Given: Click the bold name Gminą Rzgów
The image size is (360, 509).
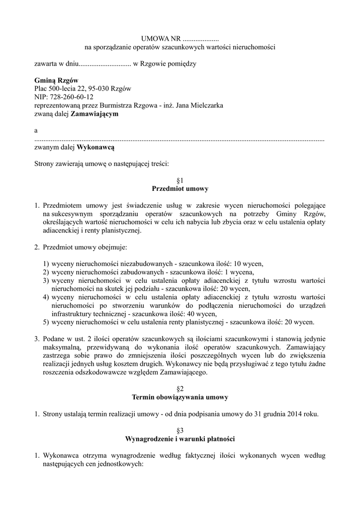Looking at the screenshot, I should pyautogui.click(x=56, y=80).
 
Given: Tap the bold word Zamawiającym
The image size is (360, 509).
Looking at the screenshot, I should pyautogui.click(x=95, y=114).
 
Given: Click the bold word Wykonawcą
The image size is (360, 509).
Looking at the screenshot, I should pyautogui.click(x=96, y=147).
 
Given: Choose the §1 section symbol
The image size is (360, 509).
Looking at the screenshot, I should pyautogui.click(x=180, y=180).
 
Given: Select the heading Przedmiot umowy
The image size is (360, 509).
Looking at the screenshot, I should pyautogui.click(x=180, y=189).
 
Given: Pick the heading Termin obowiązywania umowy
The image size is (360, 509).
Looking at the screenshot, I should pyautogui.click(x=180, y=397).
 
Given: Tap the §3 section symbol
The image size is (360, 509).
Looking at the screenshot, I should pyautogui.click(x=180, y=430).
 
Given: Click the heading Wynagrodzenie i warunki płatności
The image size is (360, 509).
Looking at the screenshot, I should pyautogui.click(x=180, y=439).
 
